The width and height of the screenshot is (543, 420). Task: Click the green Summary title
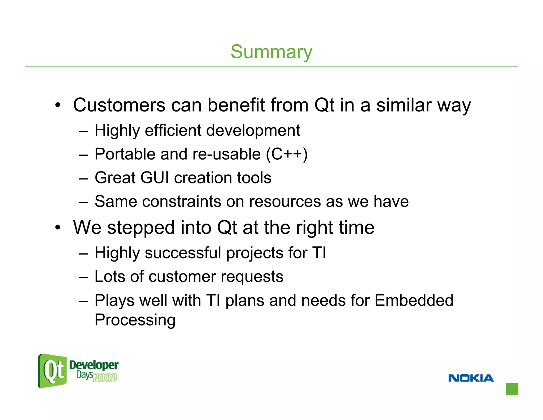pos(271,52)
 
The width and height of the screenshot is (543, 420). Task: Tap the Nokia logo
pos(471,378)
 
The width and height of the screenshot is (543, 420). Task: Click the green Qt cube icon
pos(52,371)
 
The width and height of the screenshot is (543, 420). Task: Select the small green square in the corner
pos(512,389)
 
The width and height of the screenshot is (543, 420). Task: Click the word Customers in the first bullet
pos(119,105)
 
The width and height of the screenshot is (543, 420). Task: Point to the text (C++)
pos(287,154)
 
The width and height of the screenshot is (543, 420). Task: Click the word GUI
pos(154,178)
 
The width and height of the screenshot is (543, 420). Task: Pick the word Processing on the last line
pos(135,320)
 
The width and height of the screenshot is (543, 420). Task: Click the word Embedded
pos(414,301)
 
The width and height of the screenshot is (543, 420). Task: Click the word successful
pos(183,253)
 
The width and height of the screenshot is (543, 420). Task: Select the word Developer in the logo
pos(94,365)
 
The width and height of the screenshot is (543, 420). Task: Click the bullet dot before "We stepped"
pos(58,228)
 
